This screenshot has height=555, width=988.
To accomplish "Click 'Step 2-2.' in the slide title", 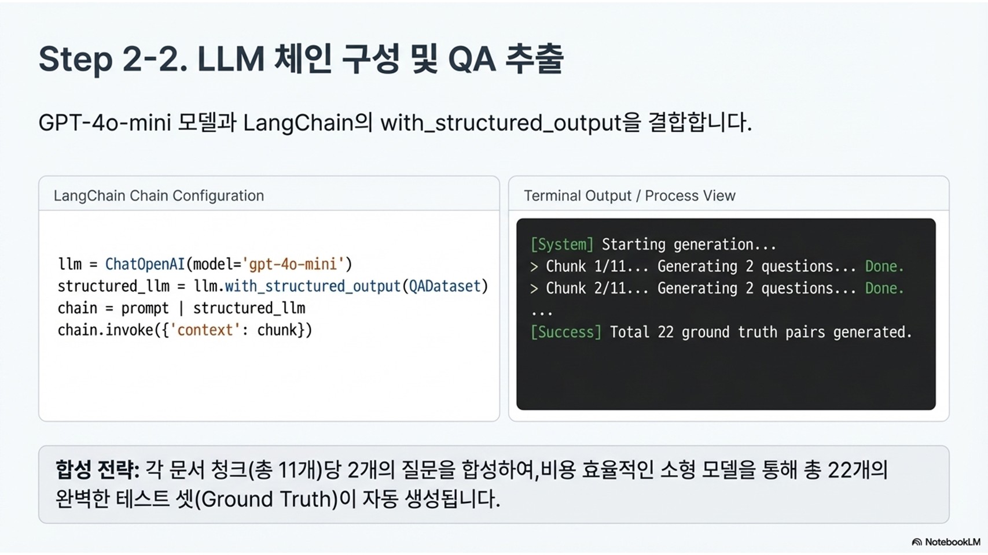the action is [113, 60].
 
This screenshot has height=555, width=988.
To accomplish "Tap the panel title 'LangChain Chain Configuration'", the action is [159, 196].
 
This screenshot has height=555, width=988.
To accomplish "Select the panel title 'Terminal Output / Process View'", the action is [629, 196].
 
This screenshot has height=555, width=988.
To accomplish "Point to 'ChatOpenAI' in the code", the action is [145, 264].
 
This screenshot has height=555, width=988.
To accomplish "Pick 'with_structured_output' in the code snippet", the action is [313, 286].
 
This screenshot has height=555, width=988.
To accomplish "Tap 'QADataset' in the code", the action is [445, 286].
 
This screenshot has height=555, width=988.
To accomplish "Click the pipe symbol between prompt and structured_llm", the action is [181, 308].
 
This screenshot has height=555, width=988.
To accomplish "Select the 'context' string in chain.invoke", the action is [205, 330].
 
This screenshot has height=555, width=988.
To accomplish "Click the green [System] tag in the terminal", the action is [562, 245].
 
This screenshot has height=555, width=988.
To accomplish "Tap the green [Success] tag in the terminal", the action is [565, 332].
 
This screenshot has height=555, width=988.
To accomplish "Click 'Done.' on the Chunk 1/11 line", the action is [884, 267].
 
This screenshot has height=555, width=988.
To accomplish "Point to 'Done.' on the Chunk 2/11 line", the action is [884, 288].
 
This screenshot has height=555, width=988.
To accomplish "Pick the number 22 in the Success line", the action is [666, 332].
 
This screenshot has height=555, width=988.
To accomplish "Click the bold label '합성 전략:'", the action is [97, 469].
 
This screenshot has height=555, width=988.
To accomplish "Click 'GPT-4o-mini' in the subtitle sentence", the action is [104, 123].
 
